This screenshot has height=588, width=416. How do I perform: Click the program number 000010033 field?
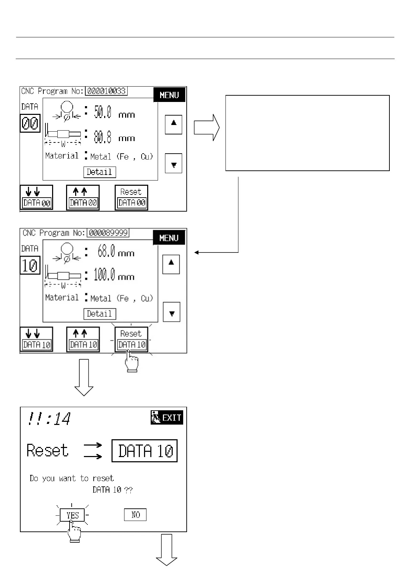[107, 91]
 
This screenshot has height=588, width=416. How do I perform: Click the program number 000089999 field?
[108, 233]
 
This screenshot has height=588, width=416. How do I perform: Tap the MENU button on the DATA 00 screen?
[169, 95]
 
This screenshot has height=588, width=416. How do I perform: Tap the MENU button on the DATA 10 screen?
[169, 238]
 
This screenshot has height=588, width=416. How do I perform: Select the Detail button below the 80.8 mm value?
[99, 172]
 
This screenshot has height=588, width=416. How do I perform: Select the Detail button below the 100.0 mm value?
[99, 314]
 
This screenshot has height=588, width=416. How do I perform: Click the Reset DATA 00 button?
[131, 198]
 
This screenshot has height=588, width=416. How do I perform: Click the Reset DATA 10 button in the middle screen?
[131, 339]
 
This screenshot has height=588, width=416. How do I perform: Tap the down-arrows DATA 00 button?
[36, 198]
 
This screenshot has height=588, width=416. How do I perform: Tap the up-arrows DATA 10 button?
[83, 339]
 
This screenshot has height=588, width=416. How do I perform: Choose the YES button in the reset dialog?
[72, 515]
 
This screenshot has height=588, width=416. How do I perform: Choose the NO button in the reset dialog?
[135, 515]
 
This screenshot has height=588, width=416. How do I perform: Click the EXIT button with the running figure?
[167, 418]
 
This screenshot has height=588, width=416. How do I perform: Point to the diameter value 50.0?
[103, 113]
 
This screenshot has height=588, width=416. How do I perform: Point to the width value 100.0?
[104, 275]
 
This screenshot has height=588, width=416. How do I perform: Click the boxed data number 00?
[30, 123]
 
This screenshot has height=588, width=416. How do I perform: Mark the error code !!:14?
[49, 419]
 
